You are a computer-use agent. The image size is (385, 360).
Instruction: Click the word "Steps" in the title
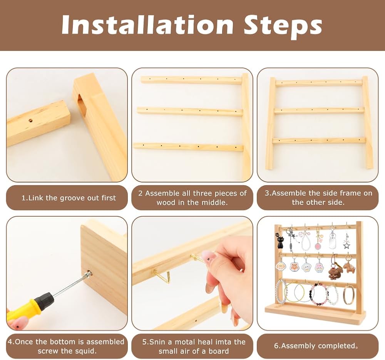tap(283, 26)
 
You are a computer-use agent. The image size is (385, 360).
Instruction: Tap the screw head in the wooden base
tap(88, 273)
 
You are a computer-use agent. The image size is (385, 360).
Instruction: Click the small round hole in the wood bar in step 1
tap(31, 121)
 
